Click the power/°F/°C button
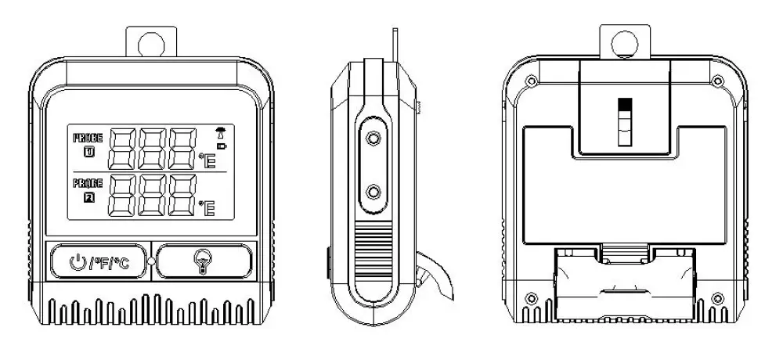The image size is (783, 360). tap(100, 261)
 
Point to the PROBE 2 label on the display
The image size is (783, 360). tap(88, 189)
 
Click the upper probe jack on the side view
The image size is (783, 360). tap(373, 139)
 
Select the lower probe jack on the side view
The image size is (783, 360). tap(373, 191)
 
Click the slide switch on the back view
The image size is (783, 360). tap(623, 122)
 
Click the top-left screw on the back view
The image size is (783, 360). tap(531, 79)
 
